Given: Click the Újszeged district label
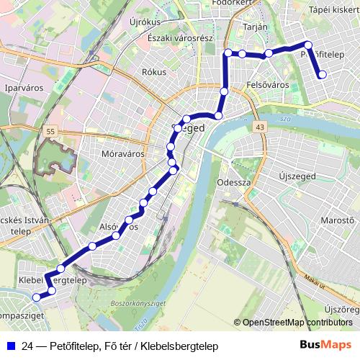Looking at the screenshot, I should (x=300, y=176).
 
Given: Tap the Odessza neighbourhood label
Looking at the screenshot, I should (x=233, y=182).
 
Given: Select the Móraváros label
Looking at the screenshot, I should (x=106, y=155).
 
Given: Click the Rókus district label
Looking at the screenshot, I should (x=153, y=72).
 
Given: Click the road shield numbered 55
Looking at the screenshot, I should (x=50, y=132).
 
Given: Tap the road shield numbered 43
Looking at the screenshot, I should (x=258, y=127).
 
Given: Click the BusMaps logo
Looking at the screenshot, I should (x=325, y=346).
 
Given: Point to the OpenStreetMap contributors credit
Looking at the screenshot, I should (x=297, y=323).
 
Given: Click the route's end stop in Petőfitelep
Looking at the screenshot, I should (x=322, y=74).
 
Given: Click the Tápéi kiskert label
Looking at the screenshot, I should (x=332, y=10).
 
